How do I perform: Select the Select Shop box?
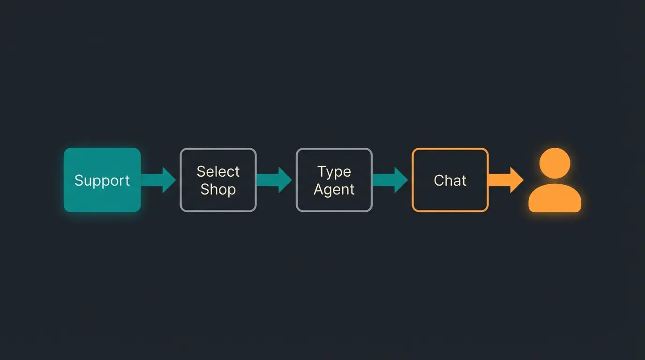click(x=218, y=180)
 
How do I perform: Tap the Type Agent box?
click(x=334, y=180)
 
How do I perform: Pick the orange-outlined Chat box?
click(x=450, y=180)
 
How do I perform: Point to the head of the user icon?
click(x=555, y=163)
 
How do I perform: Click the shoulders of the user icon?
click(x=555, y=199)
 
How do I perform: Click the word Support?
click(x=102, y=181)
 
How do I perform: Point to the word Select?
click(x=218, y=172)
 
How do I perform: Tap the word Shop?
click(x=218, y=189)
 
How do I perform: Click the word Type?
click(x=334, y=172)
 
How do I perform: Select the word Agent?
click(x=334, y=190)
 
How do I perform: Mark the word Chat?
click(x=450, y=180)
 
